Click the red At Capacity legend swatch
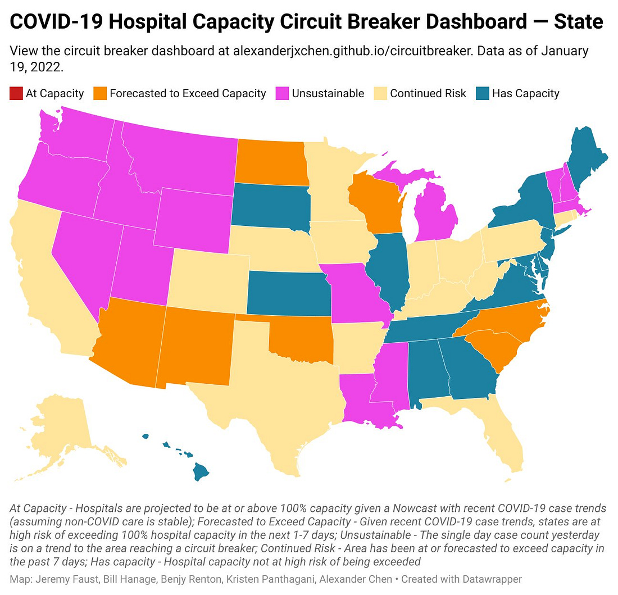[16, 93]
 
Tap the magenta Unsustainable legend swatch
[283, 93]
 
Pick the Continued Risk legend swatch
[381, 93]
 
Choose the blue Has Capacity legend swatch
[483, 93]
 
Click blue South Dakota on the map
[270, 207]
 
